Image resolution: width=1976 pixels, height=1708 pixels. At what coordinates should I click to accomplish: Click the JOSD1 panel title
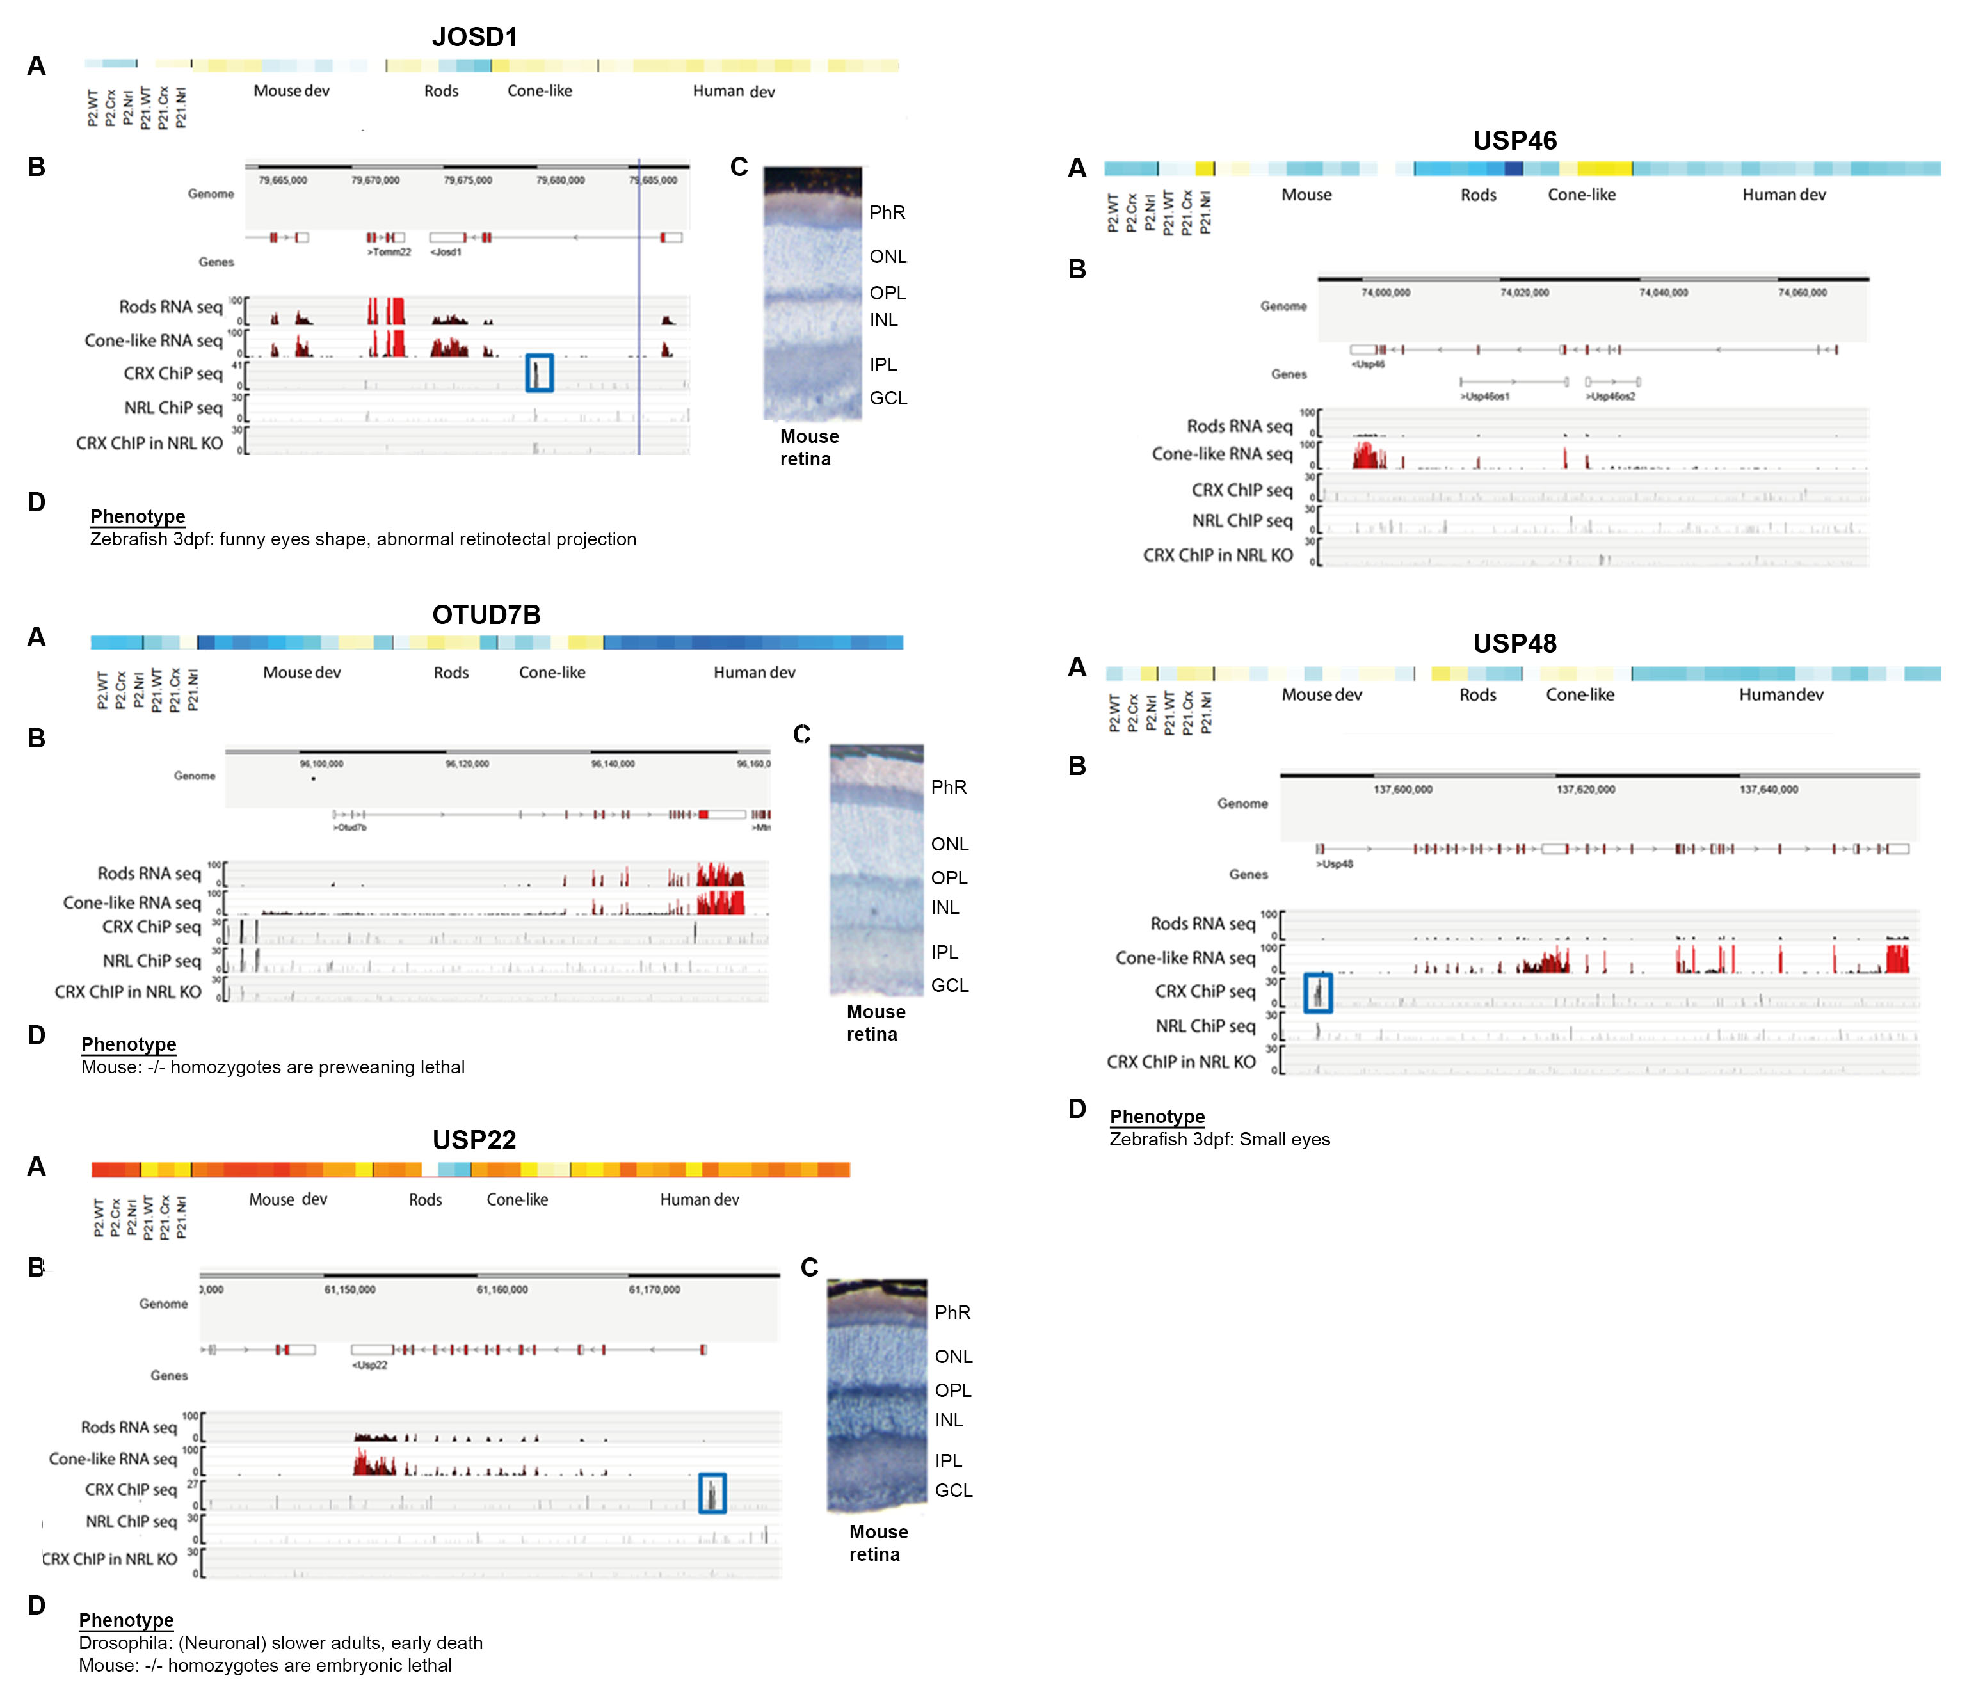(474, 37)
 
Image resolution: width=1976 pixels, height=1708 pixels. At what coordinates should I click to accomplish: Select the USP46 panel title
(1514, 141)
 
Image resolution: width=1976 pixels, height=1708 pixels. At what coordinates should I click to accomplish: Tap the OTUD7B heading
(486, 615)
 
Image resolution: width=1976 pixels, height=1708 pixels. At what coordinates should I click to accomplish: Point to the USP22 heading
(474, 1140)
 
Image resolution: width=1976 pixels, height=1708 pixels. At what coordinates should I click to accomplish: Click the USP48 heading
(1514, 644)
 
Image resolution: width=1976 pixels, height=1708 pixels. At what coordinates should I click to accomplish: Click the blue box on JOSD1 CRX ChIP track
(540, 373)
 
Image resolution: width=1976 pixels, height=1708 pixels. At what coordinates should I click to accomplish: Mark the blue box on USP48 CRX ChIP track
(1318, 993)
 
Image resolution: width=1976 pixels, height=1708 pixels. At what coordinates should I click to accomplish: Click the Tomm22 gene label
(389, 253)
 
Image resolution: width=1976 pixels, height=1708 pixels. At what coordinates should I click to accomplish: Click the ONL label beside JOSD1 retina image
(888, 257)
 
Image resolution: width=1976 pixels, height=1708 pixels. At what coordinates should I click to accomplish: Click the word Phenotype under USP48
(1157, 1117)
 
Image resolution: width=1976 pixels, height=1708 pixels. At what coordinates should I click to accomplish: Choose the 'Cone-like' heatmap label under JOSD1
(540, 91)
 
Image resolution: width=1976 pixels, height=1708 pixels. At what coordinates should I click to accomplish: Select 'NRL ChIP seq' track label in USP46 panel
(1242, 521)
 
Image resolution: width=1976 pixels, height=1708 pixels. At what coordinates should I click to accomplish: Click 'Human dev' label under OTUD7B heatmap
(754, 673)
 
